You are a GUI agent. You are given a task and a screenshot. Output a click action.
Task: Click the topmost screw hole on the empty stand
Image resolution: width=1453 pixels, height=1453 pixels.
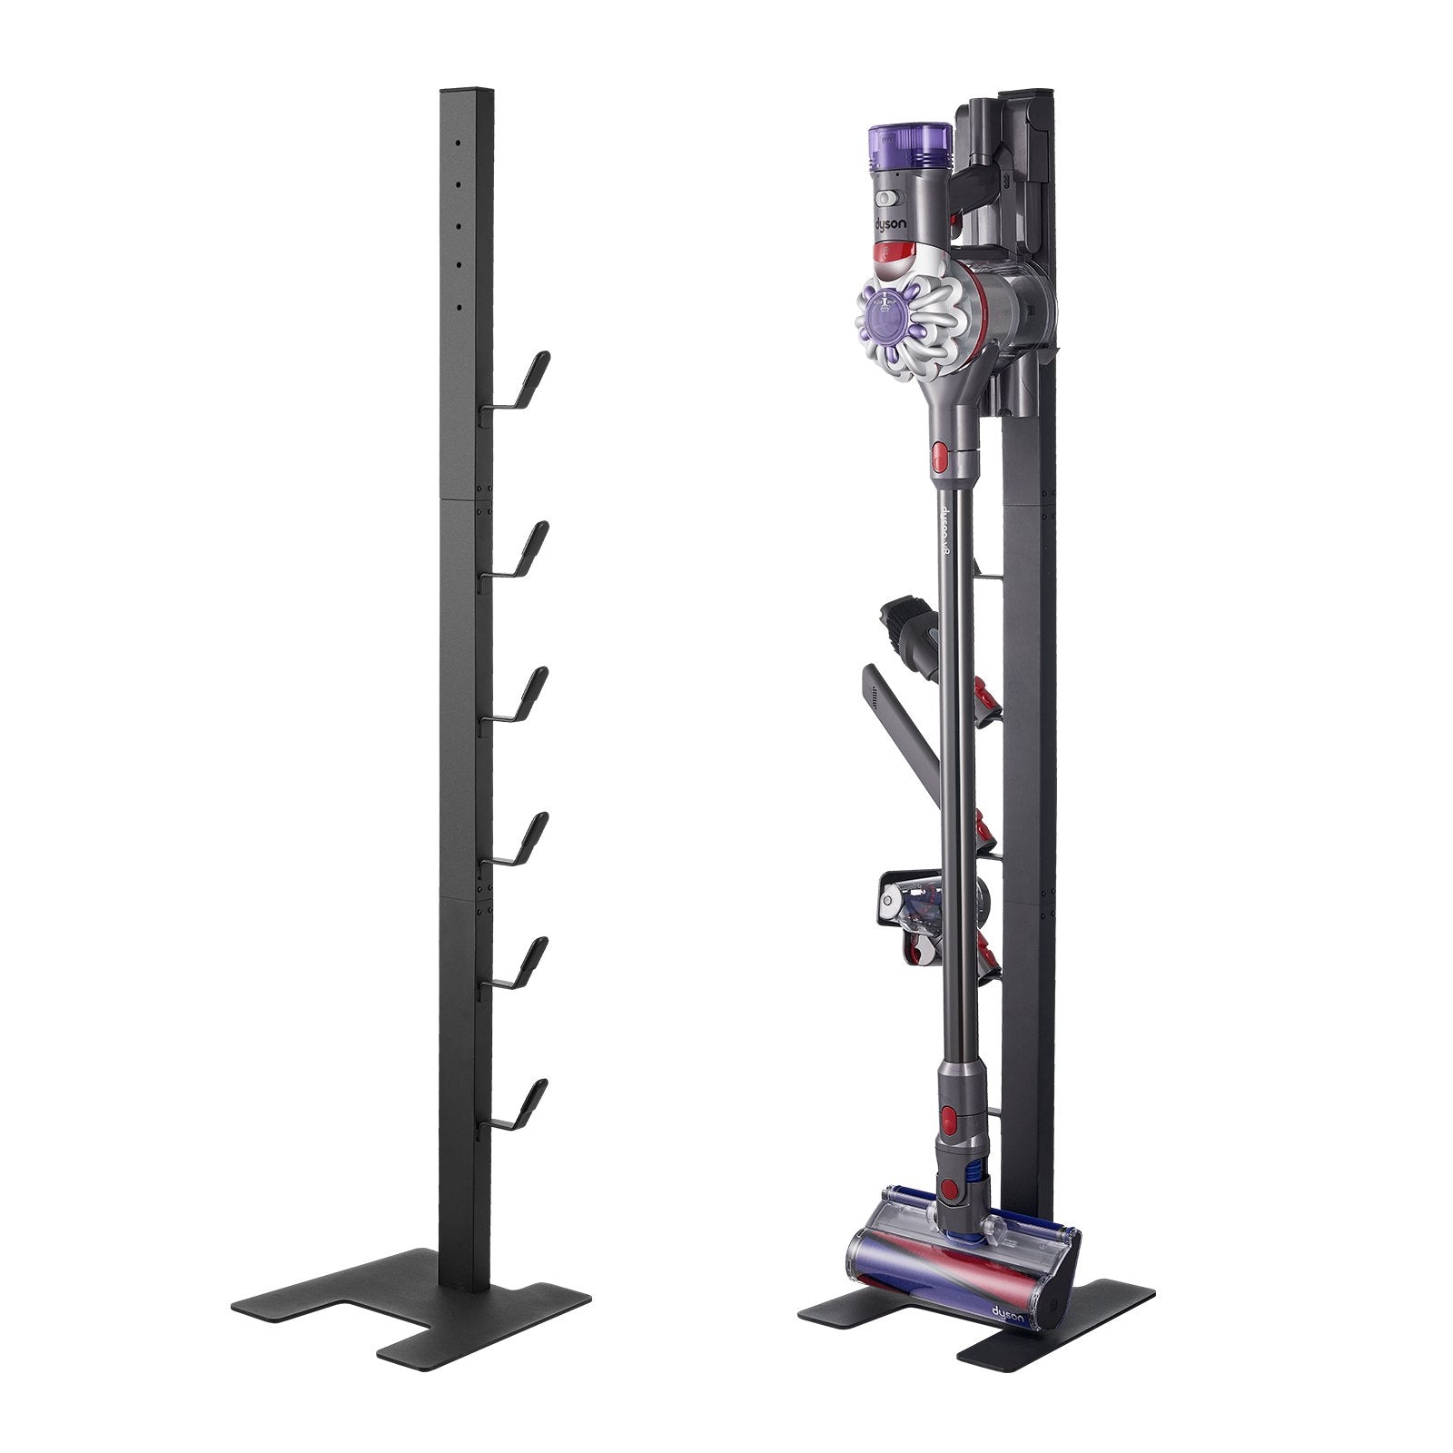coord(460,143)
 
